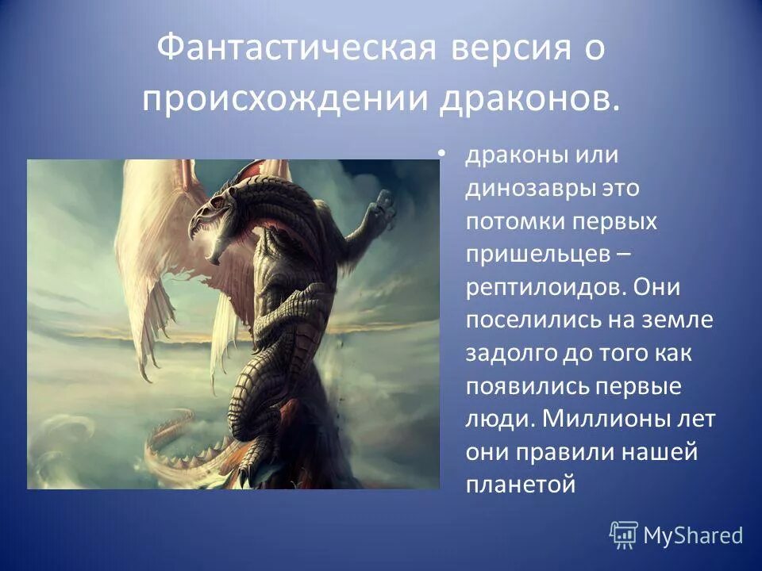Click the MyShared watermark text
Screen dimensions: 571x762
tap(692, 536)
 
